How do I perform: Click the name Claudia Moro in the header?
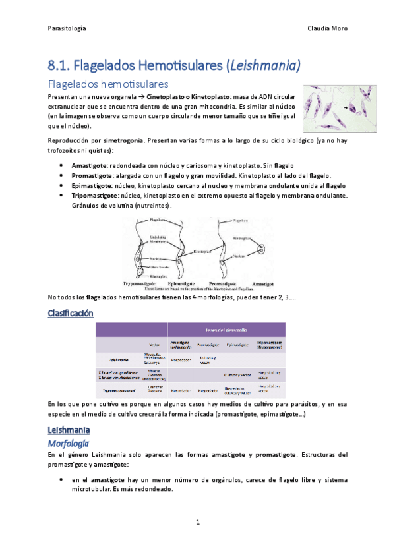pos(328,28)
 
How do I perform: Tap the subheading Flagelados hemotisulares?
pos(109,84)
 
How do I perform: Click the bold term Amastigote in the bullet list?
pos(90,165)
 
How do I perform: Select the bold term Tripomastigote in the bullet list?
pos(94,196)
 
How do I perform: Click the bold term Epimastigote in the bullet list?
pos(90,186)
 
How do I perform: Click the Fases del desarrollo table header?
pos(226,330)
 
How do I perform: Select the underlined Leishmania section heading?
pos(70,430)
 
